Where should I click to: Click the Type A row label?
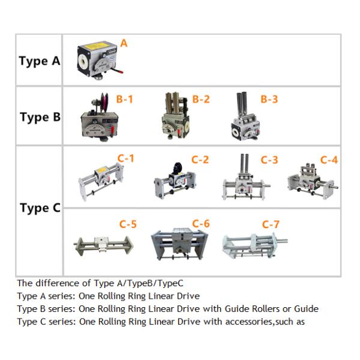(x=40, y=61)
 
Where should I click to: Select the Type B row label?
(x=40, y=117)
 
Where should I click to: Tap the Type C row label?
(x=40, y=208)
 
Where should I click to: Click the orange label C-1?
(x=125, y=158)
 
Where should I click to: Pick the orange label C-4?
(x=329, y=160)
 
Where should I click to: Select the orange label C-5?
(x=128, y=224)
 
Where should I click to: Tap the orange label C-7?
(x=271, y=224)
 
